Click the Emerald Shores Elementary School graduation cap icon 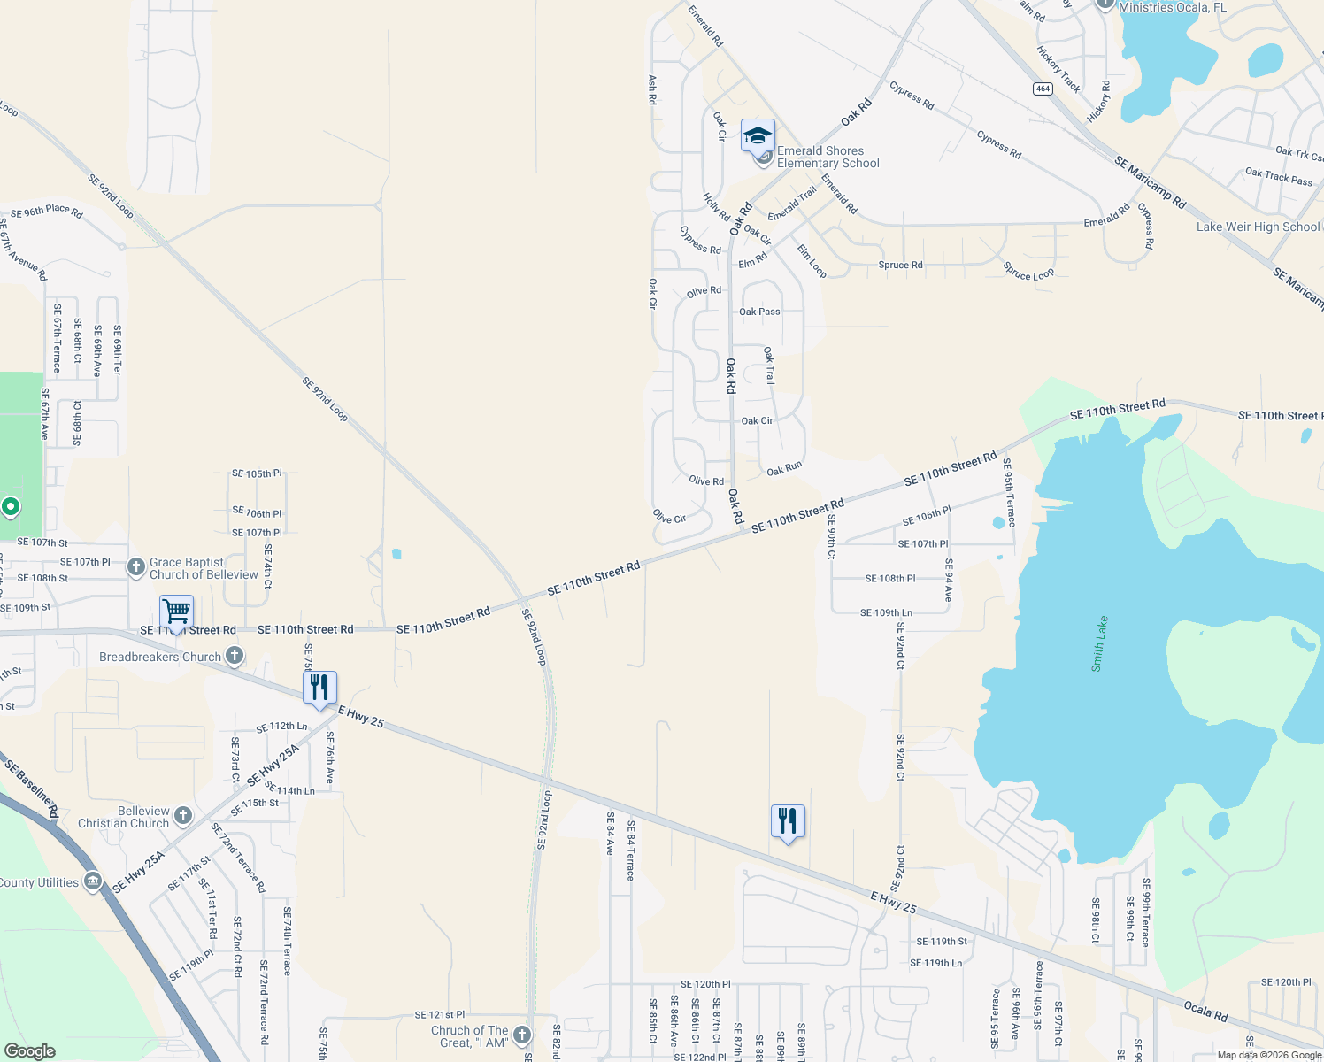758,136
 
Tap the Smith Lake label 1098,643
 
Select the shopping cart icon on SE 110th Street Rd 177,612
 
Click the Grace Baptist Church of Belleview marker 135,567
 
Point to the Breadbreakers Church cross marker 235,656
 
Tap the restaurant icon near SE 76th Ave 319,688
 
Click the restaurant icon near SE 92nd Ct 788,821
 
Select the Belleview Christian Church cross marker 183,816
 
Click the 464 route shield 1043,88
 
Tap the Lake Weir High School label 1258,227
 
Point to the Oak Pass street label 759,312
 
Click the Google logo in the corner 29,1051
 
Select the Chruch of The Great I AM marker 522,1035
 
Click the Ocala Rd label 1206,1011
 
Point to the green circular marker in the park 11,507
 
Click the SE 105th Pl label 257,473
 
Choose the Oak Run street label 784,468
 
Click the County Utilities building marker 93,881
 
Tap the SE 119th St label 942,942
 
